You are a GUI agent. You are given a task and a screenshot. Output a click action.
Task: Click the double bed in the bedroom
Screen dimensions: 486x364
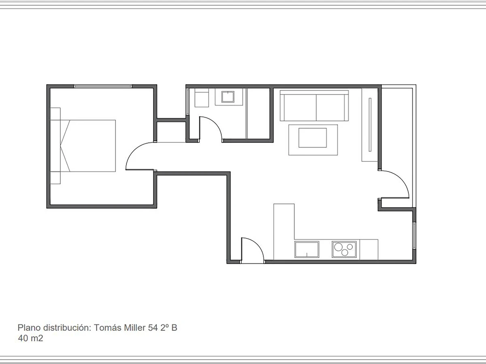[87, 146]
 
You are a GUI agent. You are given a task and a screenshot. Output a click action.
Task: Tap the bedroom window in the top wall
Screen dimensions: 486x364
[103, 86]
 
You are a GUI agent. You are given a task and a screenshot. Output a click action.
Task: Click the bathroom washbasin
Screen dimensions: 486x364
[228, 97]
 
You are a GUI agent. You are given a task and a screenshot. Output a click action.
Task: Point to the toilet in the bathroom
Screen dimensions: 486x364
[202, 98]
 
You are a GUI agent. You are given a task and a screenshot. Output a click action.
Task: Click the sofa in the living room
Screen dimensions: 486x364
[314, 106]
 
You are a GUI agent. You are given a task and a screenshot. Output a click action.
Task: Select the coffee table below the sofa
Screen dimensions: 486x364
[313, 140]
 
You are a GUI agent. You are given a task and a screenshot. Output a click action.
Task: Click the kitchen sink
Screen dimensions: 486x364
[307, 250]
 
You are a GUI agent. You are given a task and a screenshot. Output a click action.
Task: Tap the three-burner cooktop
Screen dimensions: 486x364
[344, 250]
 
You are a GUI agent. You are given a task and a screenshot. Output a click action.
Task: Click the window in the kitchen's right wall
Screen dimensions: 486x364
[414, 236]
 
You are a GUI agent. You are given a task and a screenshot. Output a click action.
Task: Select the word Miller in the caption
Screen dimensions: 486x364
[134, 328]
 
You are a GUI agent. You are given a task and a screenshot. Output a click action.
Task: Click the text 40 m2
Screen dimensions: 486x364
[30, 339]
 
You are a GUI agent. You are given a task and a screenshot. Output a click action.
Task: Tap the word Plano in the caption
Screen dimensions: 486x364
[29, 328]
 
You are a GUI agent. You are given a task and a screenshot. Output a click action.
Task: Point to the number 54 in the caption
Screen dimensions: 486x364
[153, 328]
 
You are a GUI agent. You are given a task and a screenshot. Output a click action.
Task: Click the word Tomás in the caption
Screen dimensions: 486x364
[108, 328]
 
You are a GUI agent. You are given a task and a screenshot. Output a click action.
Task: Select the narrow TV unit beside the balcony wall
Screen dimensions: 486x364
[370, 125]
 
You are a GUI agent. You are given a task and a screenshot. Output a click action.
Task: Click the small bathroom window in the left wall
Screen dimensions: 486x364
[188, 102]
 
